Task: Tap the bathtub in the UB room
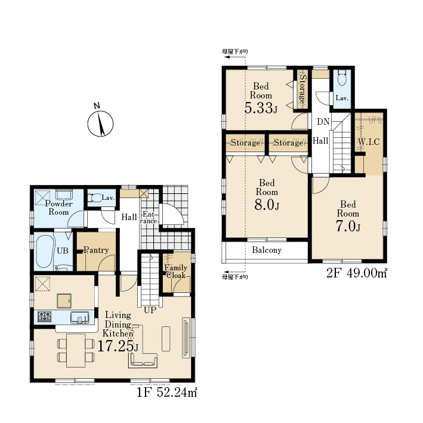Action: [x=44, y=251]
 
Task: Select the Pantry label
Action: [x=96, y=250]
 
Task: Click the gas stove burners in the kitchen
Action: [x=44, y=317]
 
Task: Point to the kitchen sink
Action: [x=79, y=317]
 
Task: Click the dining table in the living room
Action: [x=76, y=350]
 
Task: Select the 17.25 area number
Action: [x=115, y=347]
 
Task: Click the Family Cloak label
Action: [x=175, y=271]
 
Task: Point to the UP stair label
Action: [x=150, y=310]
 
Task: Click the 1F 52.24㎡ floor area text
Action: [x=166, y=392]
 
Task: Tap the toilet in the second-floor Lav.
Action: [x=342, y=78]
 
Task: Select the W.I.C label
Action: [x=369, y=141]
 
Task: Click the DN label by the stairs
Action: [x=323, y=122]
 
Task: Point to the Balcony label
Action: [x=267, y=250]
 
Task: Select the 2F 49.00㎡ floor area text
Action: [x=357, y=273]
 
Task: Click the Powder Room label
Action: [x=58, y=208]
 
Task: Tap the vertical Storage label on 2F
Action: [x=302, y=89]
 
